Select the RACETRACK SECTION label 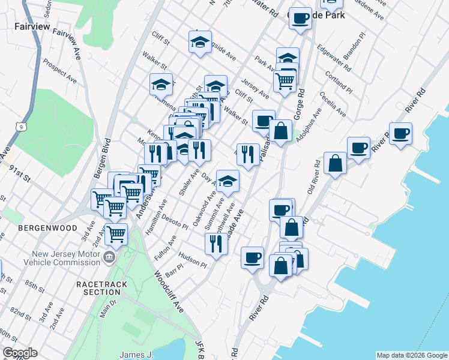(98, 287)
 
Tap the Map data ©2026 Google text (412, 355)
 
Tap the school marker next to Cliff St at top (200, 41)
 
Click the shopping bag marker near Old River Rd (335, 163)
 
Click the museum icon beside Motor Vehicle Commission (109, 258)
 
